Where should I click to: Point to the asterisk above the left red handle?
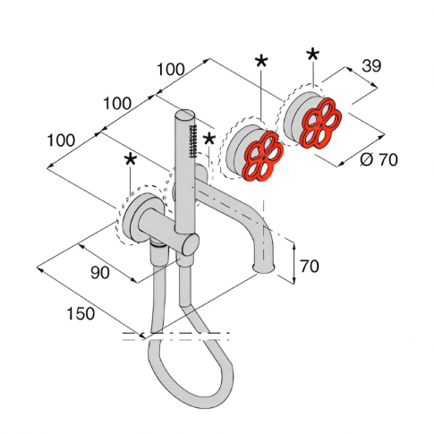tap(261, 62)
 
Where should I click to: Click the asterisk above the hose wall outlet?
tap(131, 160)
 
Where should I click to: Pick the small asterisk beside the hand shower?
tap(209, 139)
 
